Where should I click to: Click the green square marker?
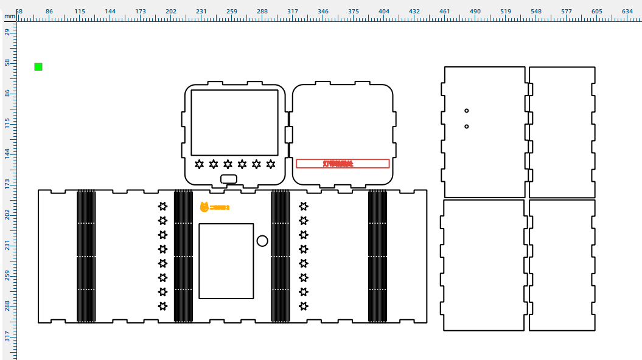[x=38, y=67]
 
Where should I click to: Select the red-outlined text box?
[x=343, y=164]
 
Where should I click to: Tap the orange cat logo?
[x=204, y=207]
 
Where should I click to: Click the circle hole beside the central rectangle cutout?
[x=262, y=241]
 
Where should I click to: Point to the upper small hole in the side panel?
[x=467, y=111]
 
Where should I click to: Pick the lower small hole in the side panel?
[x=467, y=126]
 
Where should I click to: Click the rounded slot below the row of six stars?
[x=229, y=179]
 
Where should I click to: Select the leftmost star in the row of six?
[x=200, y=164]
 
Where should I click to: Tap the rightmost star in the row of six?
[x=271, y=164]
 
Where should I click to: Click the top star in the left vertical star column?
[x=162, y=206]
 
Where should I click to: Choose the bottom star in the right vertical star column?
[x=304, y=306]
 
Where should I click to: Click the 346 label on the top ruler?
[x=211, y=11]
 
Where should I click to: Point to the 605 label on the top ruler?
[x=368, y=11]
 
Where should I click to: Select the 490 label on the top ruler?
[x=298, y=11]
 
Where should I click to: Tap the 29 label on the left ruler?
[x=7, y=32]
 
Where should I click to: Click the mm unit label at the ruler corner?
[x=9, y=17]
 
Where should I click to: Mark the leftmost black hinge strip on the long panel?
[x=86, y=256]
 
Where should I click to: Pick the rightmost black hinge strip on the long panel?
[x=378, y=256]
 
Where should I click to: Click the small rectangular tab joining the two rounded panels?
[x=289, y=134]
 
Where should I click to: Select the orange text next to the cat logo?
[x=220, y=208]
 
